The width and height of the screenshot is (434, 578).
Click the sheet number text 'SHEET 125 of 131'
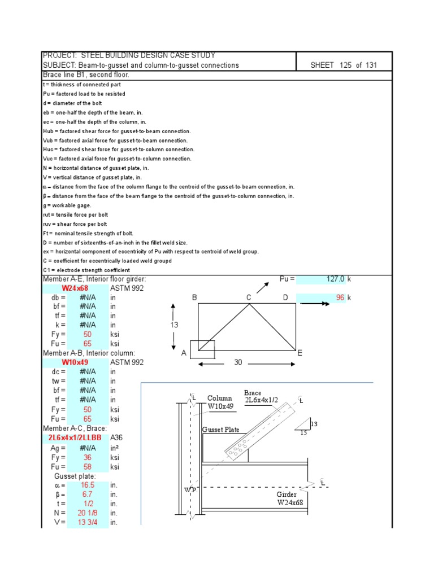pyautogui.click(x=343, y=65)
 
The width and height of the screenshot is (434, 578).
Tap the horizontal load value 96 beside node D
pyautogui.click(x=340, y=297)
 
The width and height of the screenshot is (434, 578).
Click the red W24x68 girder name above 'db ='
pyautogui.click(x=75, y=288)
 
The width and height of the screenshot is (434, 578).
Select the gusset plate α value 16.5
pyautogui.click(x=88, y=484)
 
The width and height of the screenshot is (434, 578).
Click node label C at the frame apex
pyautogui.click(x=248, y=297)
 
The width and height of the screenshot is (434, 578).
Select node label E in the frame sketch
pyautogui.click(x=300, y=353)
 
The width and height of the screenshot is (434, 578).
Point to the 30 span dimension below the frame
pyautogui.click(x=238, y=362)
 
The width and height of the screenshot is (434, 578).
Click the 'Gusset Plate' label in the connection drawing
pyautogui.click(x=221, y=430)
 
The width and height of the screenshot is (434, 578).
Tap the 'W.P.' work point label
pyautogui.click(x=190, y=489)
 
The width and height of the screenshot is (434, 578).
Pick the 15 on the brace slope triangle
pyautogui.click(x=303, y=433)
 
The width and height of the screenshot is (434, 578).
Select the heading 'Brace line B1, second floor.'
pyautogui.click(x=86, y=75)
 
